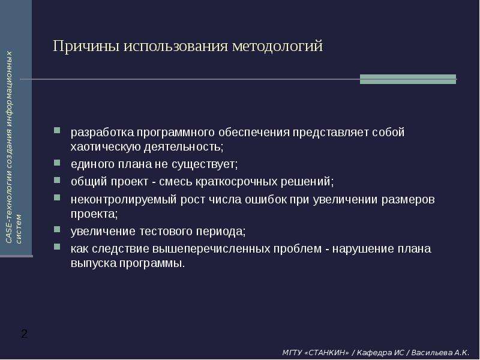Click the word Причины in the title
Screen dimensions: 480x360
[86, 46]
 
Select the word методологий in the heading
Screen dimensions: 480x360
[277, 46]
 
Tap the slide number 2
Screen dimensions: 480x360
[24, 334]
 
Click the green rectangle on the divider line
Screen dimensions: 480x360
[408, 79]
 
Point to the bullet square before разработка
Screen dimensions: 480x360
[57, 130]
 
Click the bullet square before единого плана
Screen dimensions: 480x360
[57, 162]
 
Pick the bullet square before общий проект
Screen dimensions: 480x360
[57, 179]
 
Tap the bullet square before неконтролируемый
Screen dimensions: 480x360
[57, 197]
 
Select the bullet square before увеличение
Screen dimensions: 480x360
[57, 229]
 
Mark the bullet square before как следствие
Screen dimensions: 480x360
[57, 247]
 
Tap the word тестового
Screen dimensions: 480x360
[166, 231]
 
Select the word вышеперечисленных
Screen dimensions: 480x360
[211, 249]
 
